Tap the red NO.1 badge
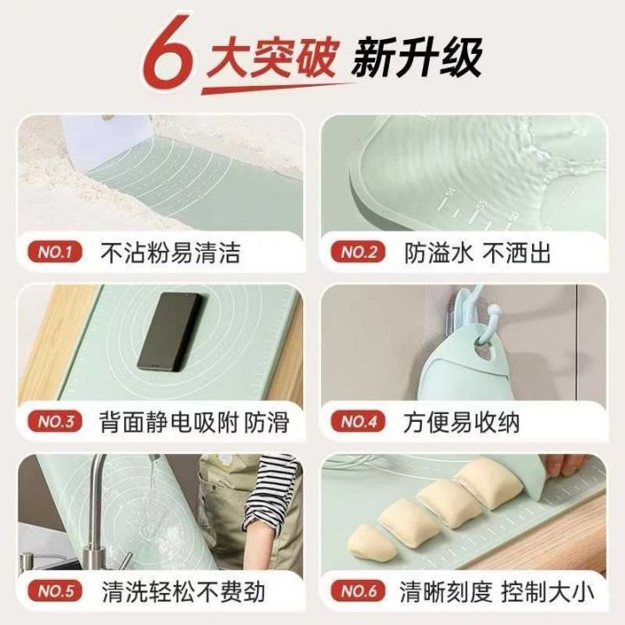(x=55, y=252)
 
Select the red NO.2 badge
(x=358, y=252)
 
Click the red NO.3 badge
(x=55, y=421)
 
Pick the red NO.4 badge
(x=358, y=421)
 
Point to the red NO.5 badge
(x=55, y=591)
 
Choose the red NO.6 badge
(x=358, y=591)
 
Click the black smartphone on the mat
(x=171, y=332)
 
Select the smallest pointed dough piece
(x=372, y=543)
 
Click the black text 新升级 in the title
(x=417, y=57)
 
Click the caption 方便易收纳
(x=461, y=423)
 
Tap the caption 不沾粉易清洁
(x=170, y=253)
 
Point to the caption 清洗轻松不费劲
(x=183, y=591)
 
